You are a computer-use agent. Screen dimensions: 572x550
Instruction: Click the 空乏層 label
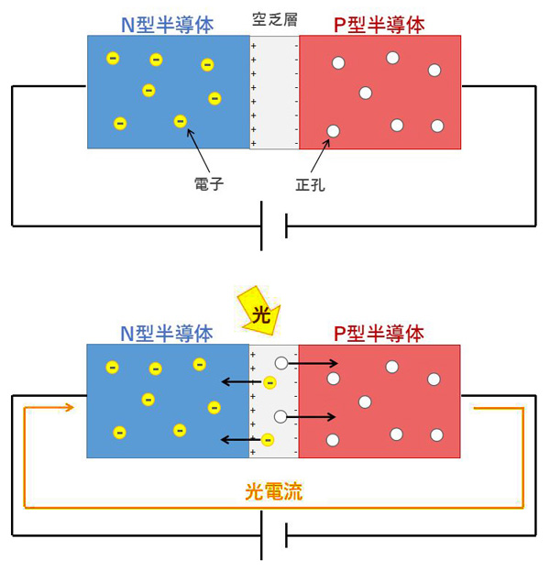[x=274, y=18]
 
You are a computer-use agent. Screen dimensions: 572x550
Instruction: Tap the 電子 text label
[x=209, y=183]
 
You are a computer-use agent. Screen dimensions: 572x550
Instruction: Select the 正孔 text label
[x=311, y=184]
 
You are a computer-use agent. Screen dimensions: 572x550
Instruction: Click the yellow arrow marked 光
[x=259, y=312]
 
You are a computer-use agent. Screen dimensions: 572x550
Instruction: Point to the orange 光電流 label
[x=273, y=491]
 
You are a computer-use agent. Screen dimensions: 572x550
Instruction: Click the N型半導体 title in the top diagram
[x=167, y=25]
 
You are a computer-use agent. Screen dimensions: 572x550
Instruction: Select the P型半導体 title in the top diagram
[x=379, y=25]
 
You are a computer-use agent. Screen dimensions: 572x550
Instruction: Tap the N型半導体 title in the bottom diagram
[x=167, y=334]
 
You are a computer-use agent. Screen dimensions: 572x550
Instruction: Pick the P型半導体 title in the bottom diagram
[x=379, y=334]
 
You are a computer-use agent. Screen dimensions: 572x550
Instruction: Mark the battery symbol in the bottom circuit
[x=274, y=534]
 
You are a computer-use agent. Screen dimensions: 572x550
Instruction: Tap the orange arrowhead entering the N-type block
[x=67, y=407]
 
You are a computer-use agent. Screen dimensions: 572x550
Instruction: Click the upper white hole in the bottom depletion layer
[x=281, y=364]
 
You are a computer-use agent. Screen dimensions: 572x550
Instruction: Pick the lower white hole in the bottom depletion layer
[x=281, y=417]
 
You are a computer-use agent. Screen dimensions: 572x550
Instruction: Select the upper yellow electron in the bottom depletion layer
[x=269, y=382]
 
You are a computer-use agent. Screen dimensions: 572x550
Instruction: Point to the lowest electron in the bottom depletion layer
[x=268, y=440]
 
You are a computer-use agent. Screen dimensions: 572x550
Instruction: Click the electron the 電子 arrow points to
[x=181, y=121]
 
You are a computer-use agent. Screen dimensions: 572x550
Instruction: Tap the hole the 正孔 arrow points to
[x=334, y=131]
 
